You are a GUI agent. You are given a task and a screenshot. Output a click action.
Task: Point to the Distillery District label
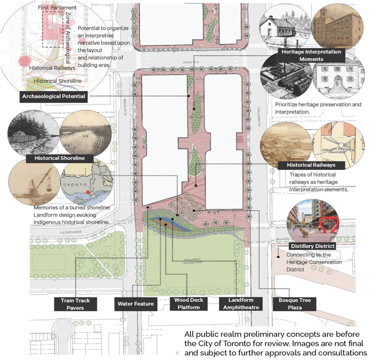tap(312, 246)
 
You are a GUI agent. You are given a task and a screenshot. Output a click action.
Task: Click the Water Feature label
tap(136, 304)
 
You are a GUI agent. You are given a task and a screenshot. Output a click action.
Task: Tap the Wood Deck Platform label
tap(186, 304)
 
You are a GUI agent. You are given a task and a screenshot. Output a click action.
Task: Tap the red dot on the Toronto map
tap(88, 190)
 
